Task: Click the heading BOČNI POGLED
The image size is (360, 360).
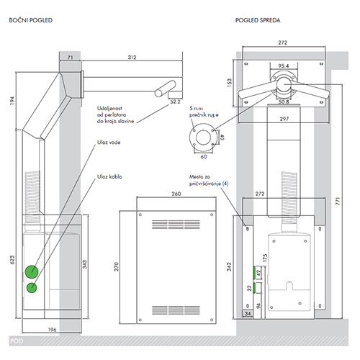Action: (31, 20)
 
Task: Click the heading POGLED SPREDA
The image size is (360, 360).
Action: (258, 20)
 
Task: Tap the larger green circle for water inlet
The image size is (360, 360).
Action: (32, 271)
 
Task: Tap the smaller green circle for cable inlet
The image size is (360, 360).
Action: (32, 287)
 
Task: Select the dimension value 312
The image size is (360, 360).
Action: (132, 58)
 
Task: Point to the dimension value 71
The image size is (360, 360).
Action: (70, 58)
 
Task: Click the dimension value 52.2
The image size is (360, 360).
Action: (175, 102)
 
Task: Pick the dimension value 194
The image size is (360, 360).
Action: (12, 101)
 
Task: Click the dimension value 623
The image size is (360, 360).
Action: (12, 260)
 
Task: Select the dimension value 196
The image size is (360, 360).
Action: (52, 330)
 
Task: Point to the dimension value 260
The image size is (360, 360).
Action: (176, 194)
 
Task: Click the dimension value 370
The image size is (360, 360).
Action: (117, 266)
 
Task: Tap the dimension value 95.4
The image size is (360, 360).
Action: (284, 66)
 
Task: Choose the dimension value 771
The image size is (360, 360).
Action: (338, 201)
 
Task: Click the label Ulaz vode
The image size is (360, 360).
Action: (109, 143)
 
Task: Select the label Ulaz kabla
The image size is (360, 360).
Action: (109, 176)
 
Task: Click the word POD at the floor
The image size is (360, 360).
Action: (17, 341)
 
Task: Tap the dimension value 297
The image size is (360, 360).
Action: (284, 119)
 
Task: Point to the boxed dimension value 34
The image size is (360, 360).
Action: (248, 313)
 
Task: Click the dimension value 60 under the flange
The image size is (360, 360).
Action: (204, 156)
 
